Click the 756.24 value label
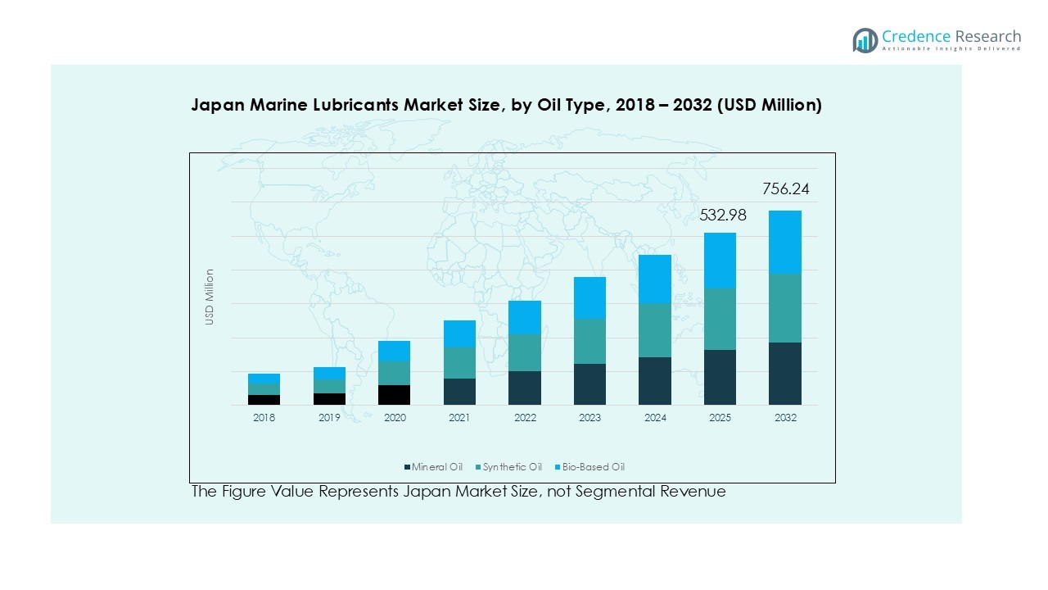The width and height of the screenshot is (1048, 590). click(x=785, y=189)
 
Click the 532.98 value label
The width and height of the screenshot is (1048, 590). click(x=722, y=216)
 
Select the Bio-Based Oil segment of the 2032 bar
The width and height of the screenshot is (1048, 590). click(x=784, y=242)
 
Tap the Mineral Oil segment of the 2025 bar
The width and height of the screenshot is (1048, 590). click(x=720, y=377)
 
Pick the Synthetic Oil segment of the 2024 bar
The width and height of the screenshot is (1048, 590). click(x=655, y=330)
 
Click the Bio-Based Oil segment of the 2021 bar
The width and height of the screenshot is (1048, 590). click(x=459, y=334)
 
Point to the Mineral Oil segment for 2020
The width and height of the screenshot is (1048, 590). click(x=394, y=394)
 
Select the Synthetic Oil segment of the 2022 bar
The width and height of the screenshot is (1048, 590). click(x=525, y=352)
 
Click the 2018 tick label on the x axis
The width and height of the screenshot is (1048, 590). click(x=264, y=418)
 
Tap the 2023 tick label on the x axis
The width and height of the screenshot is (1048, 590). click(x=589, y=418)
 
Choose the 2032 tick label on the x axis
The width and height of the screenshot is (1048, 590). click(x=784, y=418)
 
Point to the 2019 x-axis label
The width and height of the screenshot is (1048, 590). click(x=329, y=418)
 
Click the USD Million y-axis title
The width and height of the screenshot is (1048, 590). click(x=210, y=297)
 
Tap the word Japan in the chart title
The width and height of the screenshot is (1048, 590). click(x=215, y=105)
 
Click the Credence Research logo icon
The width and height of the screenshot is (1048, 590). click(x=865, y=40)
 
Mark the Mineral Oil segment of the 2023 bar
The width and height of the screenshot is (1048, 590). click(x=589, y=384)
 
